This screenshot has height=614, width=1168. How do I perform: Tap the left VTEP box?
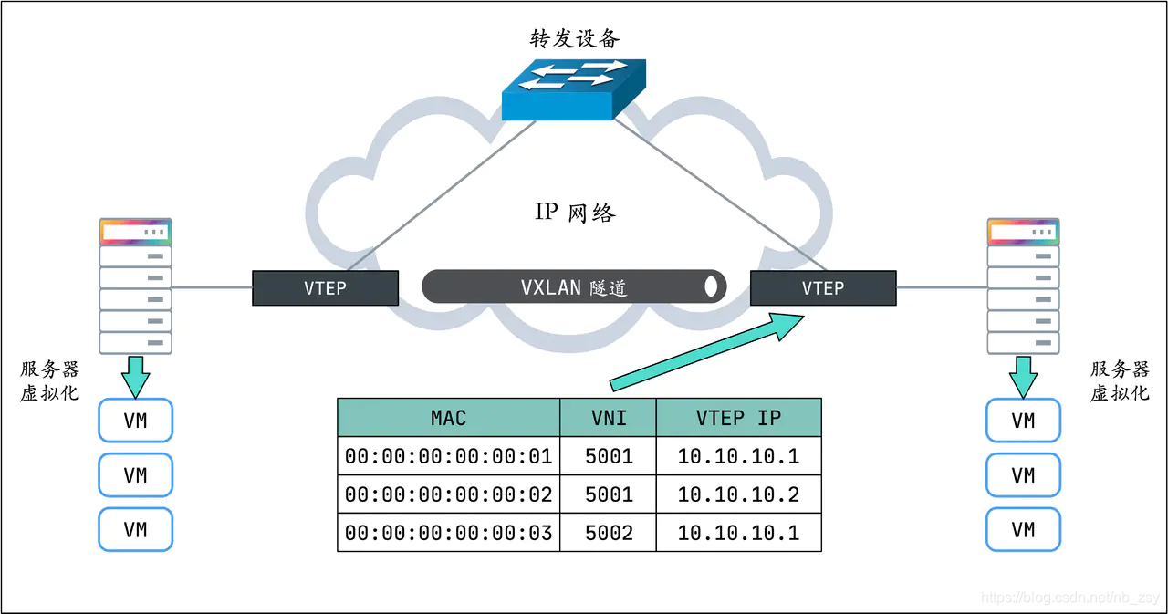[x=325, y=288]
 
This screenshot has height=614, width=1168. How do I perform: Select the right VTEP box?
[x=822, y=288]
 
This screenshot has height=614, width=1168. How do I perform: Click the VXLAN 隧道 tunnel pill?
[x=574, y=287]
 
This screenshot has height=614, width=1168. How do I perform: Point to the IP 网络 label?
[x=575, y=213]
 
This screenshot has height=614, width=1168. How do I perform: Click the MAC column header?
[x=448, y=418]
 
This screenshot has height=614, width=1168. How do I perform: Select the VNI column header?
[x=608, y=418]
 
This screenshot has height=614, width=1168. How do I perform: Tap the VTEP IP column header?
[x=738, y=418]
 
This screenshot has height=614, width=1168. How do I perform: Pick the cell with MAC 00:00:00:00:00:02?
[x=448, y=494]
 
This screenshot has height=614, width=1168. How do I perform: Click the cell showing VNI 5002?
[x=608, y=533]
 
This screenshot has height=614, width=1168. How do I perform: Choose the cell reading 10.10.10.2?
[x=738, y=494]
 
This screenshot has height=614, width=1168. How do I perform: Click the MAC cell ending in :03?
[x=448, y=533]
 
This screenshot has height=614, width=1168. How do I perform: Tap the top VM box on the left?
[x=135, y=421]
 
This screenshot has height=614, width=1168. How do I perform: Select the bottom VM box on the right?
[x=1023, y=529]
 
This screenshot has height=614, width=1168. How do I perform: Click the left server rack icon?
[x=135, y=286]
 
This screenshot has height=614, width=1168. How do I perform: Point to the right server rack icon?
[x=1023, y=286]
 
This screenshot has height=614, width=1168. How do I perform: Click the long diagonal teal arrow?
[x=703, y=351]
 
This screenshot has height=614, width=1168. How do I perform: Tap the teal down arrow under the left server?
[x=135, y=375]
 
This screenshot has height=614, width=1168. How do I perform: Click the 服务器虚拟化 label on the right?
[x=1120, y=380]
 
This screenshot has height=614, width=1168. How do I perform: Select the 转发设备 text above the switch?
[x=575, y=38]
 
